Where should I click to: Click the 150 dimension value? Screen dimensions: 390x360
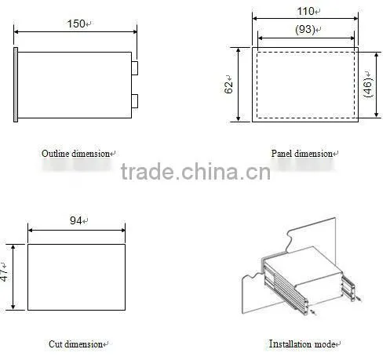76,24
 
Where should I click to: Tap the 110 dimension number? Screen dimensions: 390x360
305,11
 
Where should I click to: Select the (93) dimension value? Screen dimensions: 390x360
304,29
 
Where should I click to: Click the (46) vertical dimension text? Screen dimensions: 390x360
368,87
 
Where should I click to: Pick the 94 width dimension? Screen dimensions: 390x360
76,220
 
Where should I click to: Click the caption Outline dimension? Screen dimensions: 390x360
75,154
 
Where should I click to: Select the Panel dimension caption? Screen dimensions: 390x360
301,154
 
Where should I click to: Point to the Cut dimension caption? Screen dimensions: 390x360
75,344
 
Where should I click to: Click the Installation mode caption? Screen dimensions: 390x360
302,344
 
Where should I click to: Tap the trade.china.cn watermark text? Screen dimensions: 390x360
195,172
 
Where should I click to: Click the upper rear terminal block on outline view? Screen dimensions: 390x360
135,68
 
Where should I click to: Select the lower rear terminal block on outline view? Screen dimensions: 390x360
135,101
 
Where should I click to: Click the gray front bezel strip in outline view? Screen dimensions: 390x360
16,85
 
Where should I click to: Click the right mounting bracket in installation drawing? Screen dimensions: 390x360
349,287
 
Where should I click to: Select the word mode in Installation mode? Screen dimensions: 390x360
325,344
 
